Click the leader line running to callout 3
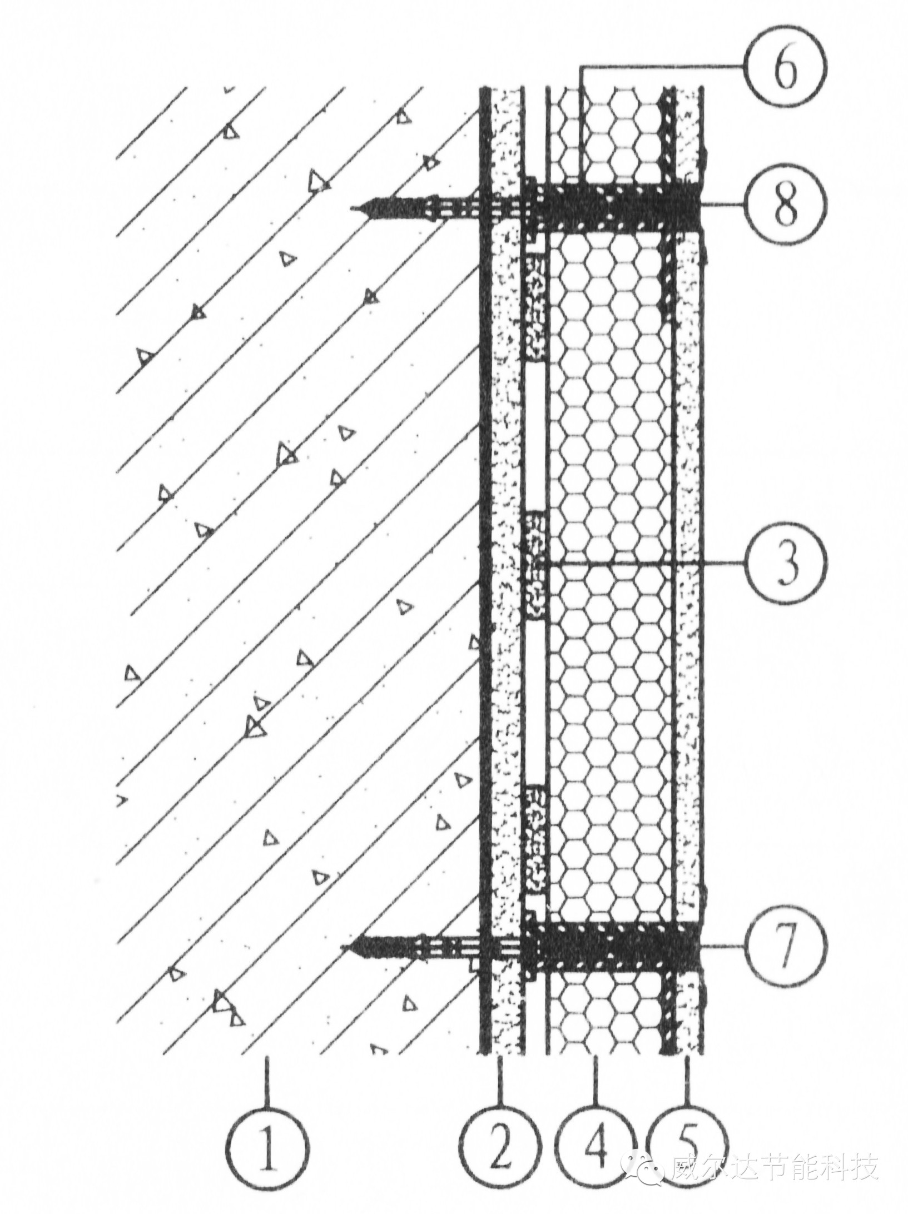[667, 563]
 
